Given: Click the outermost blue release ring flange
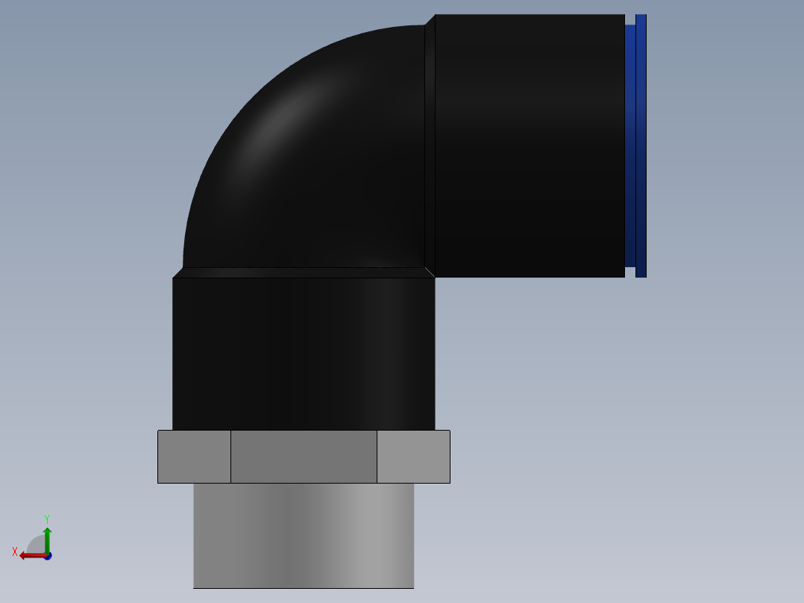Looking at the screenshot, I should click(641, 146).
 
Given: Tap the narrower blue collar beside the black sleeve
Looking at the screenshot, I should click(630, 146).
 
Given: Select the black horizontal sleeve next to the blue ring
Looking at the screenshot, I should click(530, 146).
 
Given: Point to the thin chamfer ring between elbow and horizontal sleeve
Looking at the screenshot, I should click(430, 146).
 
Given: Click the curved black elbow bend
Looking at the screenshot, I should click(313, 164).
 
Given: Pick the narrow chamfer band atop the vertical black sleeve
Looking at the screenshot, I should click(304, 273).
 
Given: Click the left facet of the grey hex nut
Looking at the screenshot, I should click(194, 457).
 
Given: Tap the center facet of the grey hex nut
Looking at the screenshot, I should click(304, 457).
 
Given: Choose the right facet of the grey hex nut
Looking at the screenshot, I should click(413, 457).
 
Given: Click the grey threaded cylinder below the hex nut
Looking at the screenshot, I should click(304, 535).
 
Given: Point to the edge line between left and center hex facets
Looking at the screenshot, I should click(230, 457).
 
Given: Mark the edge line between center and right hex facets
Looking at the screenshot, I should click(377, 457).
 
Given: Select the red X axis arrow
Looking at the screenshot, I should click(30, 555).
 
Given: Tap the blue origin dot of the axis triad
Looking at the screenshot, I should click(47, 556).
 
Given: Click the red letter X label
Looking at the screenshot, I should click(15, 552).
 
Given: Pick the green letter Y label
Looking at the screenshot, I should click(46, 519).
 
